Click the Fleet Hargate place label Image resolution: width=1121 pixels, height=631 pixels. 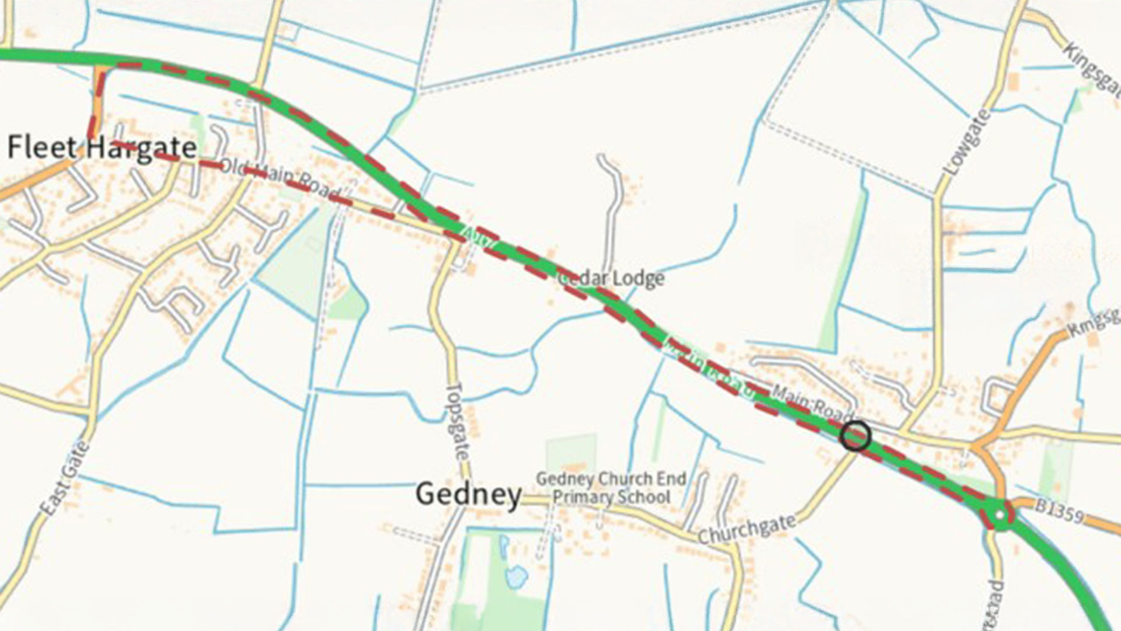point(102,147)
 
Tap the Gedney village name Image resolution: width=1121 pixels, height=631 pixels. point(468,494)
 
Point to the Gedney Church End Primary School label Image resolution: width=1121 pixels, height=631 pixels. point(611,488)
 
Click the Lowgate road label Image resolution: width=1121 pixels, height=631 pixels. point(967,142)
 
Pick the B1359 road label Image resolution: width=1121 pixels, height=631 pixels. point(1059,512)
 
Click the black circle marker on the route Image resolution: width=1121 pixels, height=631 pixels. point(855,436)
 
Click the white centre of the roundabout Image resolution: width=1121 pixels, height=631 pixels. point(1000,515)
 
